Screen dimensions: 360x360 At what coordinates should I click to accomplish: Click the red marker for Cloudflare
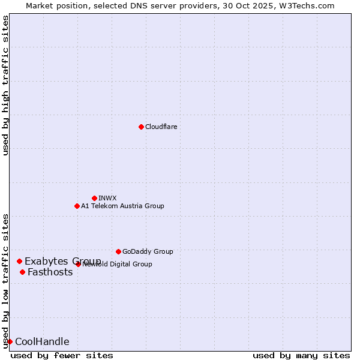141,127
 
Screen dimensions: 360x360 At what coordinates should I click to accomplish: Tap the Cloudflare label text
161,127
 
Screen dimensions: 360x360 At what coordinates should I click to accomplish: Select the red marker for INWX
94,198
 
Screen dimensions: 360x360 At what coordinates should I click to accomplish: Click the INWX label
107,198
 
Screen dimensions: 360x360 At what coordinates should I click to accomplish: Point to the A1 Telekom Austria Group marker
77,206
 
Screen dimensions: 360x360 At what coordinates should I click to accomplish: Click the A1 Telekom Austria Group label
122,206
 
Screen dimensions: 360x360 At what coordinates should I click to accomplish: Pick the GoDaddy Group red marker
118,251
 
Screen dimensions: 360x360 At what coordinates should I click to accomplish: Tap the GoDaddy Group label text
148,251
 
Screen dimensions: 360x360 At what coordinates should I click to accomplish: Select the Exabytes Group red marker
19,261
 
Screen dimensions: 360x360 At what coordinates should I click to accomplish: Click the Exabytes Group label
62,261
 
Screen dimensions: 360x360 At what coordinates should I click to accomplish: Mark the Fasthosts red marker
22,272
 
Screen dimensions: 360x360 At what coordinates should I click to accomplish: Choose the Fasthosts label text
50,272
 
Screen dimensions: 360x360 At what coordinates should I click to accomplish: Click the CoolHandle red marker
10,341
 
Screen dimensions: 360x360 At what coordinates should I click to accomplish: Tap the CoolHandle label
42,341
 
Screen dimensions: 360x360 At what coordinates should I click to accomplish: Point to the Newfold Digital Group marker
78,264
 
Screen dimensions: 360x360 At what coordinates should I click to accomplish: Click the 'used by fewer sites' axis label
62,355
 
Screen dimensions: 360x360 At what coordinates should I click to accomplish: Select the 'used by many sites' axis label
301,355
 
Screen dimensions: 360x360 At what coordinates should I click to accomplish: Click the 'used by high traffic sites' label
6,86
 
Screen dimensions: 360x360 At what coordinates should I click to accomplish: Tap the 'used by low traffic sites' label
6,280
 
